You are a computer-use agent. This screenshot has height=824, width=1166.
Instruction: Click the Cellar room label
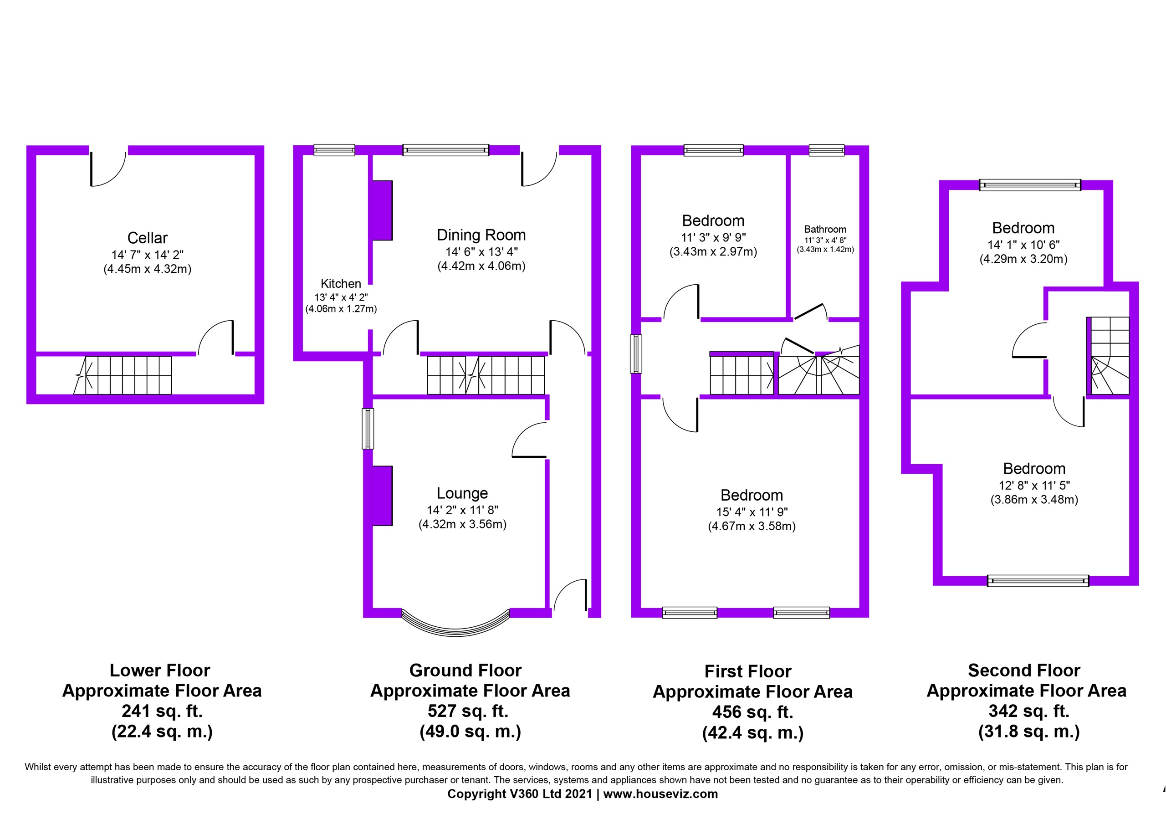click(147, 238)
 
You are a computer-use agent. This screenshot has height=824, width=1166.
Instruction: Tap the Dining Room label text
click(481, 235)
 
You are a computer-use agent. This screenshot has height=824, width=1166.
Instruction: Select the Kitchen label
click(341, 283)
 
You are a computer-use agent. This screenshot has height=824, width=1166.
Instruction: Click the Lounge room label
click(462, 493)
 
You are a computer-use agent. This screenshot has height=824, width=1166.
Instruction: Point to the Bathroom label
click(825, 229)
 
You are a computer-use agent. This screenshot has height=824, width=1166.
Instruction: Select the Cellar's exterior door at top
click(108, 168)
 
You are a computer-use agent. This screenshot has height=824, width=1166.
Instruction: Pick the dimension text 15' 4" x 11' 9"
click(752, 512)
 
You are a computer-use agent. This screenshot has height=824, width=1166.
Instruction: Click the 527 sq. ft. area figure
click(468, 711)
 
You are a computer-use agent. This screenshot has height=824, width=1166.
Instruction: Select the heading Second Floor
click(1024, 670)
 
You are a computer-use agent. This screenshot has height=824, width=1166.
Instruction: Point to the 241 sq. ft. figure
click(162, 711)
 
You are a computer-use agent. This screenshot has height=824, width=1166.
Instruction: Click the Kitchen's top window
click(334, 150)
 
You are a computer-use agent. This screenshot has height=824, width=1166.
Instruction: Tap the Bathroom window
click(826, 150)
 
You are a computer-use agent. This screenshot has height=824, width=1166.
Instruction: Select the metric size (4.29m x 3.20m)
click(1023, 259)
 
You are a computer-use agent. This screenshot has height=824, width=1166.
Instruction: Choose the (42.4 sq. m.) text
click(752, 732)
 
